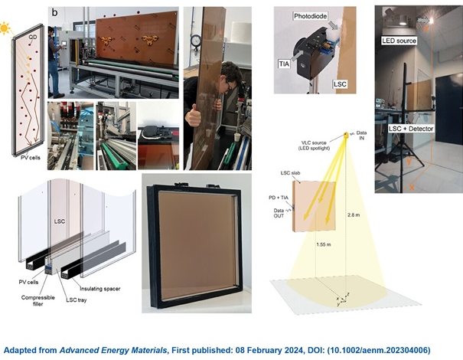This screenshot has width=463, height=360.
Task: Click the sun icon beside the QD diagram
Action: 4,28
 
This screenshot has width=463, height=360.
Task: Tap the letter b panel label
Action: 54,12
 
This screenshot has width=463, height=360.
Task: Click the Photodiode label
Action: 311,16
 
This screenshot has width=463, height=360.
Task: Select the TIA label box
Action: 285,63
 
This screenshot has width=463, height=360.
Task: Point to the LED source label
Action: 399,41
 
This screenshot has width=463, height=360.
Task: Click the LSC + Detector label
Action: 411,129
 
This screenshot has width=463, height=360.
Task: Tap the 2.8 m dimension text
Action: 354,215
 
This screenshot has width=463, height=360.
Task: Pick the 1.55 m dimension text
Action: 323,244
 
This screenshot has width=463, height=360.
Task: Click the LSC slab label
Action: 290,173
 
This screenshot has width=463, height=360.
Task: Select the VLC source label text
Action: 315,146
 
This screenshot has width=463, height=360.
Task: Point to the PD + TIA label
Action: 279,198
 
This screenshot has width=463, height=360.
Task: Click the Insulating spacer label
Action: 100,289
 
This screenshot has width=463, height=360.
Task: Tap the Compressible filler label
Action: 37,300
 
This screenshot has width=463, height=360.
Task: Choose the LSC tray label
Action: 77,300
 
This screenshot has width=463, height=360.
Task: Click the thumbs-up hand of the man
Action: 194,117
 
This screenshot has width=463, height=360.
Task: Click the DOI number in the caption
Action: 379,350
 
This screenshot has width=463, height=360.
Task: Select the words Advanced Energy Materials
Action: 113,350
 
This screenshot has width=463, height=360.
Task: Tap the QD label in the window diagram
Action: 33,38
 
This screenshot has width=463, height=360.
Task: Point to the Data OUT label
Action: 279,213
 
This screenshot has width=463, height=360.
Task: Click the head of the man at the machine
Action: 52,30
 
